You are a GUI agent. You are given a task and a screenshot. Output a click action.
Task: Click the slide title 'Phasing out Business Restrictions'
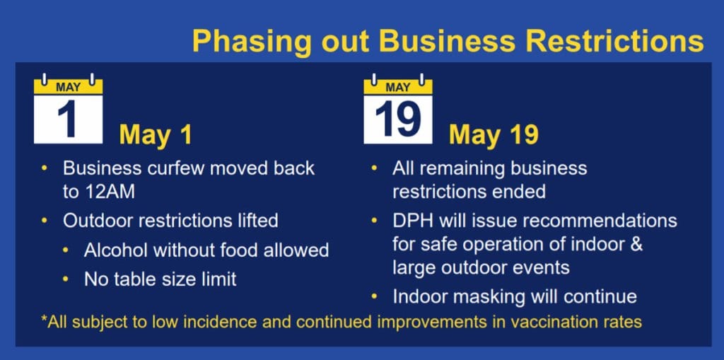(x=448, y=41)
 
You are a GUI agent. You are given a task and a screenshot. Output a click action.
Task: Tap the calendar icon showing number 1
(x=69, y=110)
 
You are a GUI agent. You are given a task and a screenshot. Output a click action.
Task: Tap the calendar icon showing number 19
(x=397, y=110)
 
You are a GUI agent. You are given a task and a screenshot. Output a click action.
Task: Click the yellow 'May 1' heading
(x=155, y=134)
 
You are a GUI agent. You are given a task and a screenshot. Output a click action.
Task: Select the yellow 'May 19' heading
(x=494, y=134)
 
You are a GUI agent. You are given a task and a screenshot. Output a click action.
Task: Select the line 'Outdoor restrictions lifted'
(x=170, y=221)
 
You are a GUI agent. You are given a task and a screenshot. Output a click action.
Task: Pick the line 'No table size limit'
(x=160, y=279)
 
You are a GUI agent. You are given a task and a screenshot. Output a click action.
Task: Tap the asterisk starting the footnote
(x=45, y=320)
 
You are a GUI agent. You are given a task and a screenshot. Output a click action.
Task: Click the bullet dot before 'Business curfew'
(x=45, y=169)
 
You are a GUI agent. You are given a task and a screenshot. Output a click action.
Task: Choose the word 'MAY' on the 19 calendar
(x=397, y=88)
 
